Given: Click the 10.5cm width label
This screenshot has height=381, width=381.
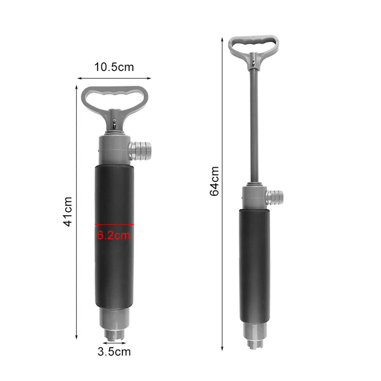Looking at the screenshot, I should [x=114, y=67].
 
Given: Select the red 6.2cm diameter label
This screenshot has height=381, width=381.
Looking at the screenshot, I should [x=114, y=236].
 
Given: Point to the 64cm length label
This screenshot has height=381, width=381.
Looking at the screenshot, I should [x=215, y=181].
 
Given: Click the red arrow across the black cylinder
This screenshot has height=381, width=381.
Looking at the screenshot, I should [x=114, y=224].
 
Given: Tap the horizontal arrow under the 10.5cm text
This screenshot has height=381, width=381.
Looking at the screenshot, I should [x=114, y=78].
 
